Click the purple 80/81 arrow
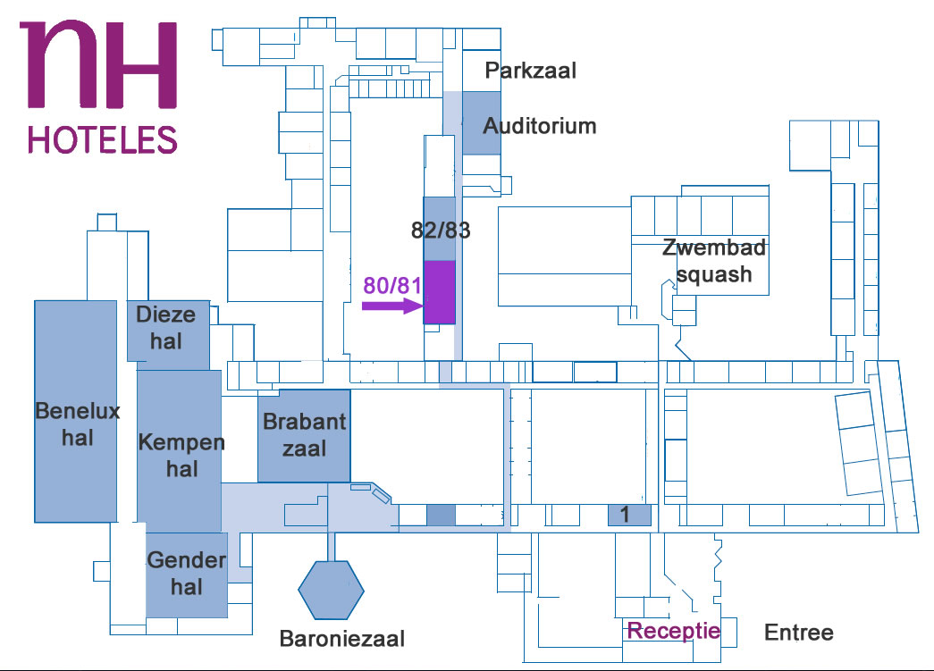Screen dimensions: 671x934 [391, 306]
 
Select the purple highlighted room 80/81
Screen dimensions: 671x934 [439, 291]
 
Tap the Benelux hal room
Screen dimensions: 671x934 [76, 410]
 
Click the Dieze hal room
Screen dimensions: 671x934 [168, 331]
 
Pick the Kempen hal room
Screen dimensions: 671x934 [179, 451]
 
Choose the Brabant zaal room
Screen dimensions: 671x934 [304, 435]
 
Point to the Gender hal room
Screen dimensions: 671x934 [186, 574]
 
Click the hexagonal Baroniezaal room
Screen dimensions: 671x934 [332, 590]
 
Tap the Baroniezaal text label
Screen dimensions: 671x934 [342, 639]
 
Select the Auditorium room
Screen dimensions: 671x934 [481, 124]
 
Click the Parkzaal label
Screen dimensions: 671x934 [531, 70]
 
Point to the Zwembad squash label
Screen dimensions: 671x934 [714, 261]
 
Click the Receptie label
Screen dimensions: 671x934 [673, 631]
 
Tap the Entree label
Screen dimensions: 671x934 [798, 633]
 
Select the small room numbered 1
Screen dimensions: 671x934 [627, 515]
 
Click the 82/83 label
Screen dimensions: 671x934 [441, 230]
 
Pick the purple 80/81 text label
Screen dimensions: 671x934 [391, 285]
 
